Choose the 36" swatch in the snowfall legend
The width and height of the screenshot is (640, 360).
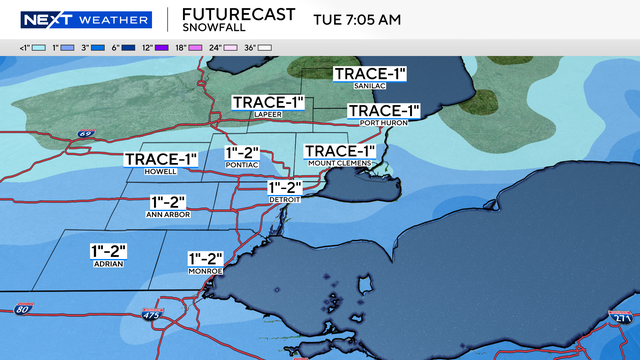coord(236,47)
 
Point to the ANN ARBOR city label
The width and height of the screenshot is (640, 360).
coord(166,214)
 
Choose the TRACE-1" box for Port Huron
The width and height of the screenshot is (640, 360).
coord(383,110)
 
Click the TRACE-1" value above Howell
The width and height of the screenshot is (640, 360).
coord(161,159)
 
